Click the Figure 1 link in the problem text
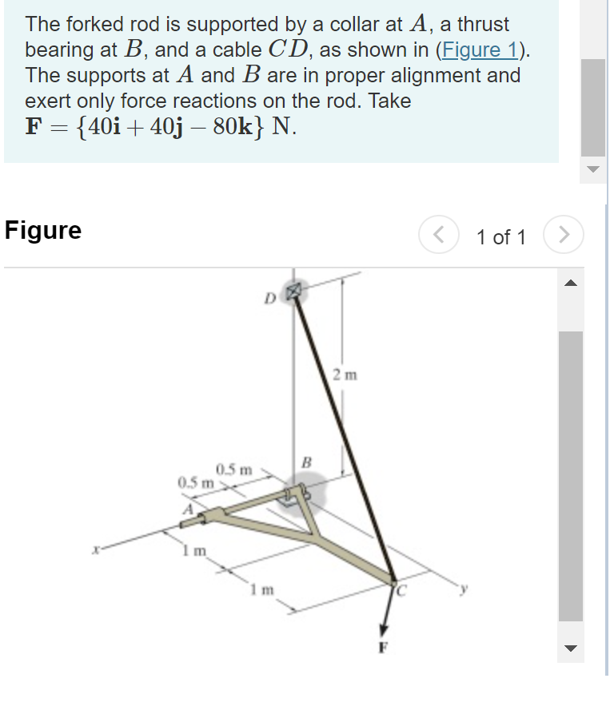[480, 50]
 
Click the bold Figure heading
[43, 231]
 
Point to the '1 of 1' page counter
[500, 237]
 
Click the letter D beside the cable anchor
[271, 299]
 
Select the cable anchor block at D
[294, 290]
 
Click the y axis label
[461, 590]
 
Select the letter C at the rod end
[403, 591]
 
